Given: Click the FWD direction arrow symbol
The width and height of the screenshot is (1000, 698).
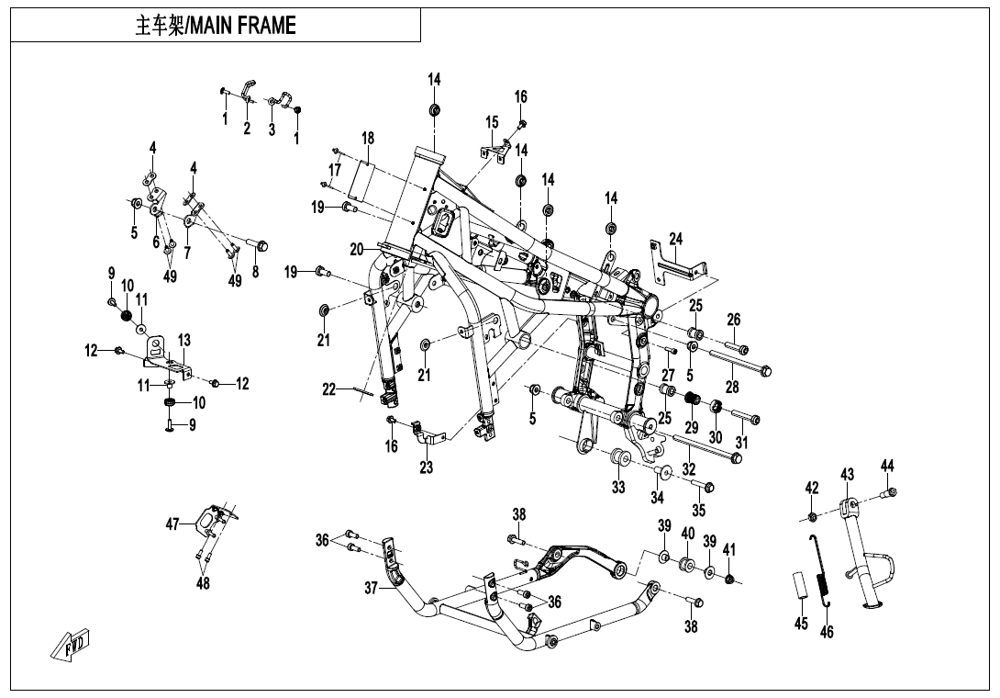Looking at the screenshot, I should tap(72, 647).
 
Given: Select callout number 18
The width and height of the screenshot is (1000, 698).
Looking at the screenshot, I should tap(368, 139).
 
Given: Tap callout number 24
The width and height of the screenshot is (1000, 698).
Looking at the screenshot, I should tap(676, 239).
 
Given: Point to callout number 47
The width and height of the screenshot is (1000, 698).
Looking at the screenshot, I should tap(172, 524).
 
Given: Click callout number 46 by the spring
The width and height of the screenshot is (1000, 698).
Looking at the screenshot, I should tap(827, 631).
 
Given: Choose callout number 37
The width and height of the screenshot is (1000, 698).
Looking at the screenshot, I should tap(371, 588).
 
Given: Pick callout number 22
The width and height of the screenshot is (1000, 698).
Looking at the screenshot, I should tap(328, 389).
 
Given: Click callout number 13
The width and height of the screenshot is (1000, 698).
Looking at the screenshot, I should tap(184, 341).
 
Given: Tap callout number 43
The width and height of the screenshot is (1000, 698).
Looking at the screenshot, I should tap(847, 474).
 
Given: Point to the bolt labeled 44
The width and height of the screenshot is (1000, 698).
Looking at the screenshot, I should tap(888, 493).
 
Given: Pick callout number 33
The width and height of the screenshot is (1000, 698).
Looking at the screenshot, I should tap(618, 487).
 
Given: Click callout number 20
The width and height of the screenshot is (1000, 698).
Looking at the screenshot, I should tap(357, 248).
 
